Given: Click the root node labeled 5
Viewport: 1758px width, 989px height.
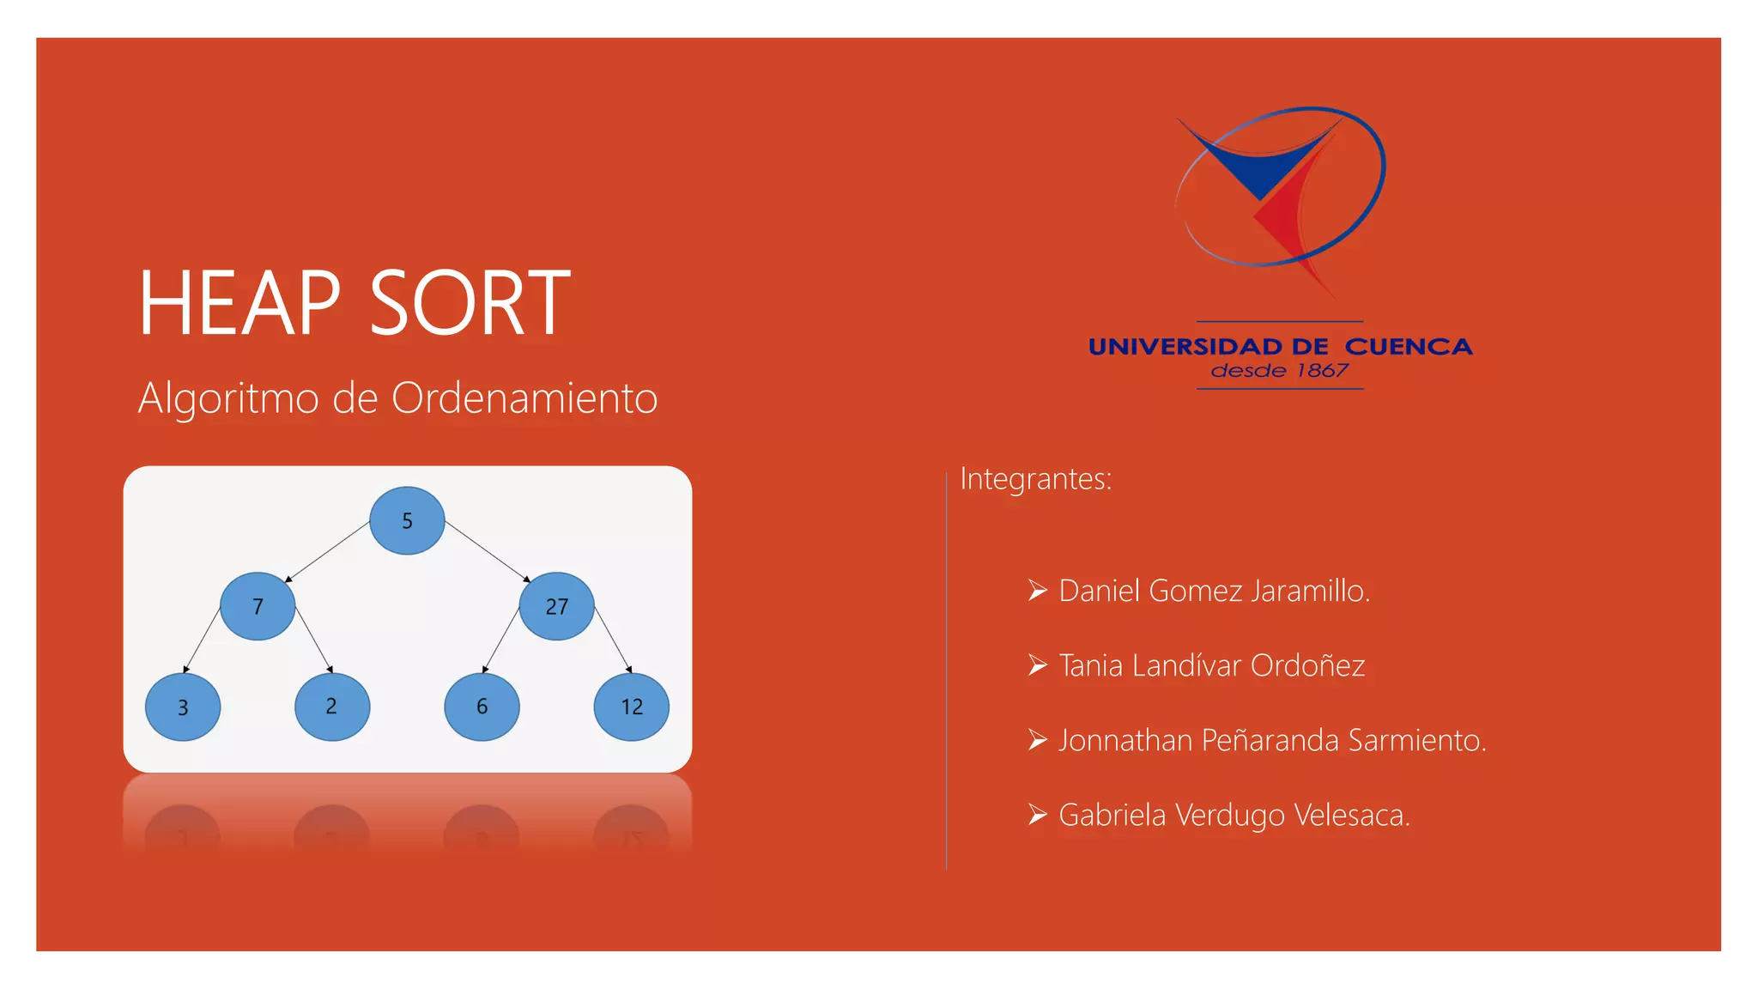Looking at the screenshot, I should (407, 520).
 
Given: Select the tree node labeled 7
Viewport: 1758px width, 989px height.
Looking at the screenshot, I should (258, 606).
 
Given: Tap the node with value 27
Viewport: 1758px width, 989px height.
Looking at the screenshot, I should (556, 606).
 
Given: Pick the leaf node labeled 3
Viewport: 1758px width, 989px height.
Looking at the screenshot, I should (183, 707).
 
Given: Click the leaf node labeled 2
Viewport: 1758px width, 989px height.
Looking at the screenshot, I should (332, 707).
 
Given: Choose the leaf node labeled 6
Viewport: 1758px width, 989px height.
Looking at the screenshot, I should (482, 707).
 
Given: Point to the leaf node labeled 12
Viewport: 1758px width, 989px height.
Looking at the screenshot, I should (631, 707).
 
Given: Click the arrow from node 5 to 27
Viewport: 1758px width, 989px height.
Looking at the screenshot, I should (488, 551).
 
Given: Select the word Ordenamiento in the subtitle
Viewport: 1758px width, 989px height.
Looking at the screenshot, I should (524, 398).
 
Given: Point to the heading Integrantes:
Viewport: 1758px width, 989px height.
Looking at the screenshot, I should (1035, 479).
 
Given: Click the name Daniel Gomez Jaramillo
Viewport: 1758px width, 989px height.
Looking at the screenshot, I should (1214, 591).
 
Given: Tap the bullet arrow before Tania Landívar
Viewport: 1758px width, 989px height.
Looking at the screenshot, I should (1038, 665).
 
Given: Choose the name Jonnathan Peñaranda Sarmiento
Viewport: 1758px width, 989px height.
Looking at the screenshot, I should (1272, 740).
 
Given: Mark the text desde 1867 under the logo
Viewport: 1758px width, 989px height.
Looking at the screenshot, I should (1279, 371).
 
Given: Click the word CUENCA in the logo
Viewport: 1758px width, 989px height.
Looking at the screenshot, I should (1408, 347).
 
